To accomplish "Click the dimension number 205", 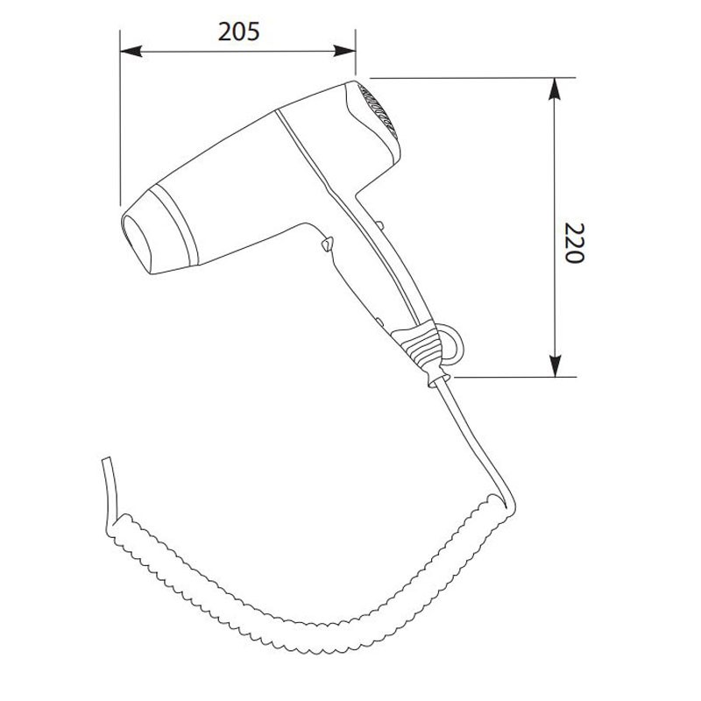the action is [238, 32].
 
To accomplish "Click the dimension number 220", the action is [574, 243].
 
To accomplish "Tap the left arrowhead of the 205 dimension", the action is [131, 51].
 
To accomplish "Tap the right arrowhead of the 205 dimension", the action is [344, 51].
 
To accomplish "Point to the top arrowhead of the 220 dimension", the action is [555, 89].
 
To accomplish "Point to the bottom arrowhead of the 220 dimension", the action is [555, 366].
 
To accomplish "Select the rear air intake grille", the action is [379, 111].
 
